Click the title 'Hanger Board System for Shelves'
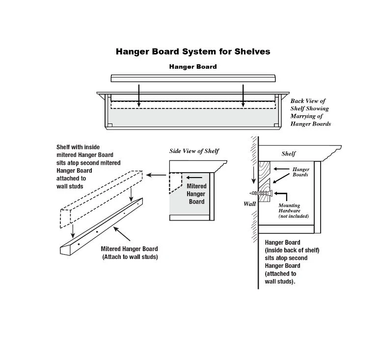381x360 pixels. [192, 51]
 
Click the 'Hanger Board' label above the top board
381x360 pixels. [192, 67]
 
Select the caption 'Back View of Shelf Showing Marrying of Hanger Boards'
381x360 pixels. [310, 112]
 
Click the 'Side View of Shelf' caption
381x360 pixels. [194, 151]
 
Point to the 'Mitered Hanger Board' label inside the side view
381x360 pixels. [196, 194]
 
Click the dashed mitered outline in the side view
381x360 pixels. [175, 182]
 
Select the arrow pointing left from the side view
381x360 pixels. [157, 175]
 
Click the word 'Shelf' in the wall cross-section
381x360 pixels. [289, 154]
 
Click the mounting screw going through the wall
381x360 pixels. [259, 193]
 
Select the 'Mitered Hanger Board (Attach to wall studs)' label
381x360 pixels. [130, 253]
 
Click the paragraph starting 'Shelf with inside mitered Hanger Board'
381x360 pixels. [88, 166]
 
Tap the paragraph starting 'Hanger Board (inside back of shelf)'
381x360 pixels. [292, 262]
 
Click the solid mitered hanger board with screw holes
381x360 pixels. [101, 231]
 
